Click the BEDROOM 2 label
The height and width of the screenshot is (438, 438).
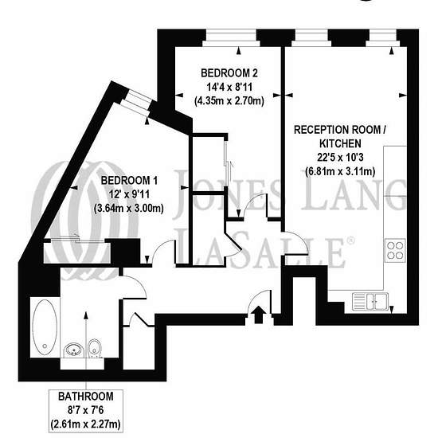pos(229,73)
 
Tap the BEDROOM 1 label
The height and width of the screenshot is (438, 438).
pos(129,181)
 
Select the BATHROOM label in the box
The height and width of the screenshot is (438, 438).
pos(86,397)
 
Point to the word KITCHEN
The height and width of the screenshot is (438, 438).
pos(340,143)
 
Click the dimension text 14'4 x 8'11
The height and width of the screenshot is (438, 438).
pos(229,87)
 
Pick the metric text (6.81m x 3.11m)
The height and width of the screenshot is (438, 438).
pos(340,171)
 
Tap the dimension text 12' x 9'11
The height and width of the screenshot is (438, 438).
pos(129,194)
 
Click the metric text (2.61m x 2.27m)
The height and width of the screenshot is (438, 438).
pos(86,424)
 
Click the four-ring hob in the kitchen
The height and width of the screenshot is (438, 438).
pos(395,250)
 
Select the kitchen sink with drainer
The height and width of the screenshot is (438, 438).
pos(370,301)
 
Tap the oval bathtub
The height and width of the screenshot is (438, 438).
pos(45,327)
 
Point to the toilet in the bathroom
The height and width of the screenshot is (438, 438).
pos(95,348)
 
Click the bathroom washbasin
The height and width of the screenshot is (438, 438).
pos(74,350)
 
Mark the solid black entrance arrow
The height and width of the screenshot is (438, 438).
pos(259,315)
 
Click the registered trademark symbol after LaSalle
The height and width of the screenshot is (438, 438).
pos(350,241)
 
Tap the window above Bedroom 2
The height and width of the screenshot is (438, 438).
pos(230,37)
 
